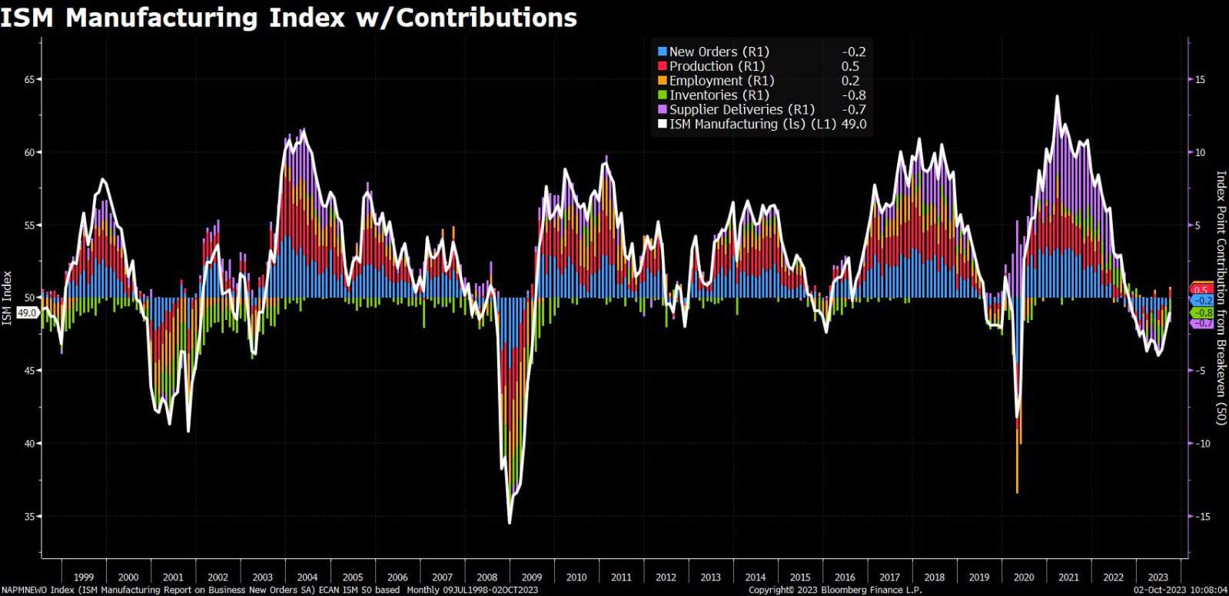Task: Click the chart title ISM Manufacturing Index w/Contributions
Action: [x=288, y=17]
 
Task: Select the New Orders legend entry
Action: [x=719, y=52]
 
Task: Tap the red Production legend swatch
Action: [x=662, y=66]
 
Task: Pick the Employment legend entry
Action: [x=721, y=81]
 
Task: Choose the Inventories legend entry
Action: [x=719, y=95]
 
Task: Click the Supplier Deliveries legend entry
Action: [x=741, y=110]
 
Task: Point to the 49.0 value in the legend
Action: [x=854, y=125]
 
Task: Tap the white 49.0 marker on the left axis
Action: [x=27, y=313]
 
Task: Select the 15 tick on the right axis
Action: [x=1200, y=80]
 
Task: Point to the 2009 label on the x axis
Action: [x=531, y=577]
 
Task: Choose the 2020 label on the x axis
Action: [x=1023, y=577]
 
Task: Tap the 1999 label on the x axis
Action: [x=84, y=577]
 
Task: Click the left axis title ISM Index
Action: [x=7, y=298]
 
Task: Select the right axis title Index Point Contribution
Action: [x=1220, y=298]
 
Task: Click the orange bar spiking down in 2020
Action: [x=1017, y=469]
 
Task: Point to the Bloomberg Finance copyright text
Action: [x=835, y=590]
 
